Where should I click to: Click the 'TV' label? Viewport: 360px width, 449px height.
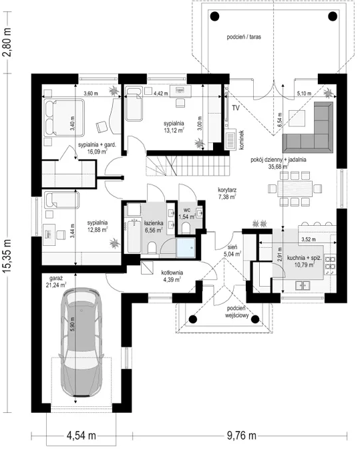235,107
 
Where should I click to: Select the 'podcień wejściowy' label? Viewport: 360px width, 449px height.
238,312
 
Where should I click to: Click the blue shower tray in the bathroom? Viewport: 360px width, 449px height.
187,247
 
